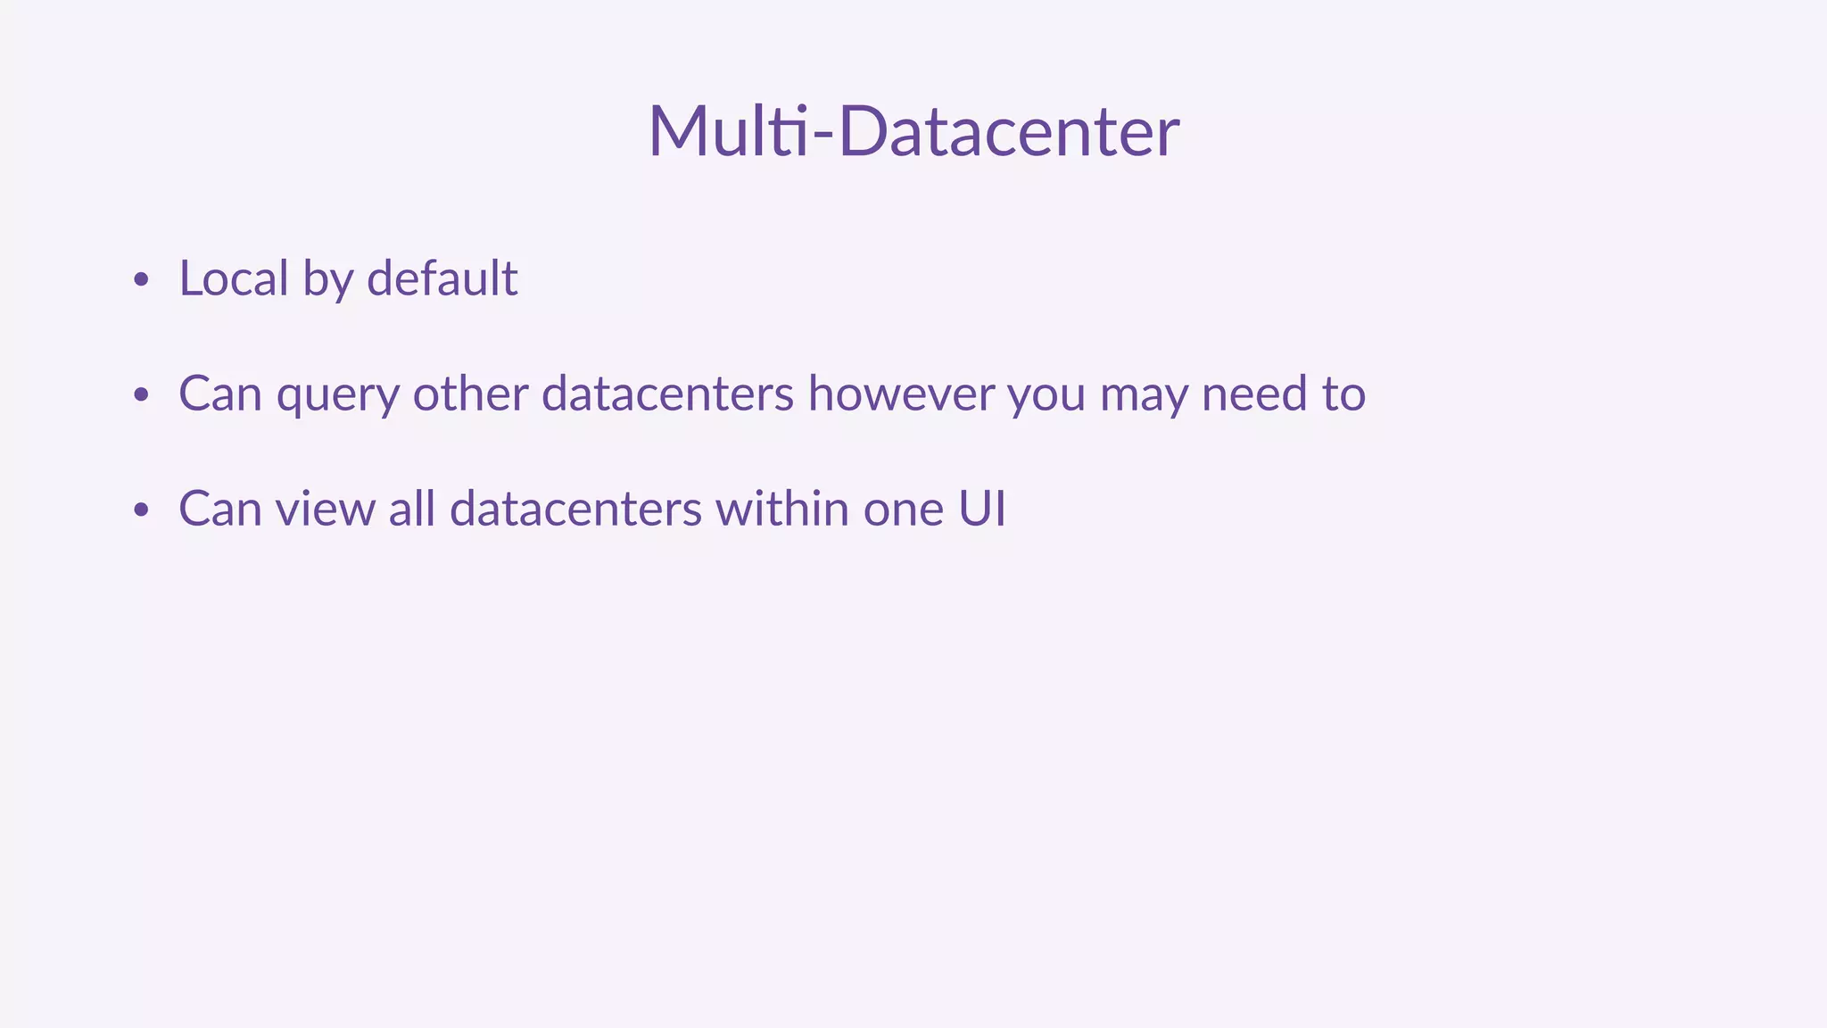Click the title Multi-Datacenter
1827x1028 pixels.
pos(913,131)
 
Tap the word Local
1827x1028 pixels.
pos(234,278)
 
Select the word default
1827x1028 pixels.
pos(442,278)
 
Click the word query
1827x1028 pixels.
pos(338,394)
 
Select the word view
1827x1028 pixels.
pos(326,509)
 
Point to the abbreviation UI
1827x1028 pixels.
pos(982,509)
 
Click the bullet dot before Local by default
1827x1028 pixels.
pos(140,280)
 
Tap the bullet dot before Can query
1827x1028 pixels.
pos(140,395)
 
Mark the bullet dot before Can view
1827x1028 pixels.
pos(140,510)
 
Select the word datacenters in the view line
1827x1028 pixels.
pos(575,509)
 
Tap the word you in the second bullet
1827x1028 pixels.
pos(1046,395)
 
